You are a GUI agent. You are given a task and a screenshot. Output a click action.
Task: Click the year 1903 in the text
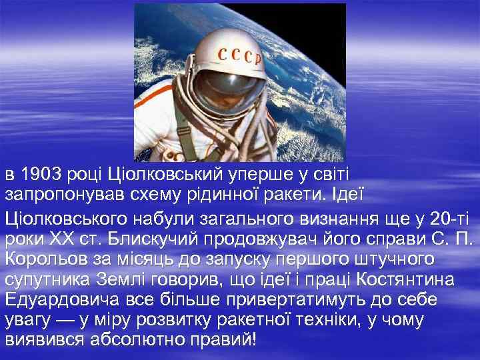coord(41,175)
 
